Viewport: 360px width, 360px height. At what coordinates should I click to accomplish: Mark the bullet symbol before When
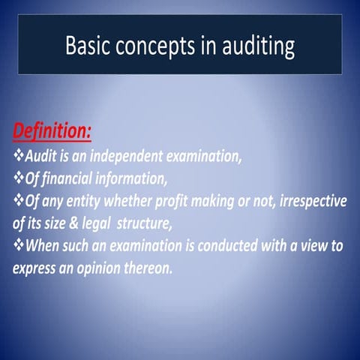18,245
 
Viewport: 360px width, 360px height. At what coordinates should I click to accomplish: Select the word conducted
229,245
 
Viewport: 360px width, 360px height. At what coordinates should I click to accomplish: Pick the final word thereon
152,267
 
